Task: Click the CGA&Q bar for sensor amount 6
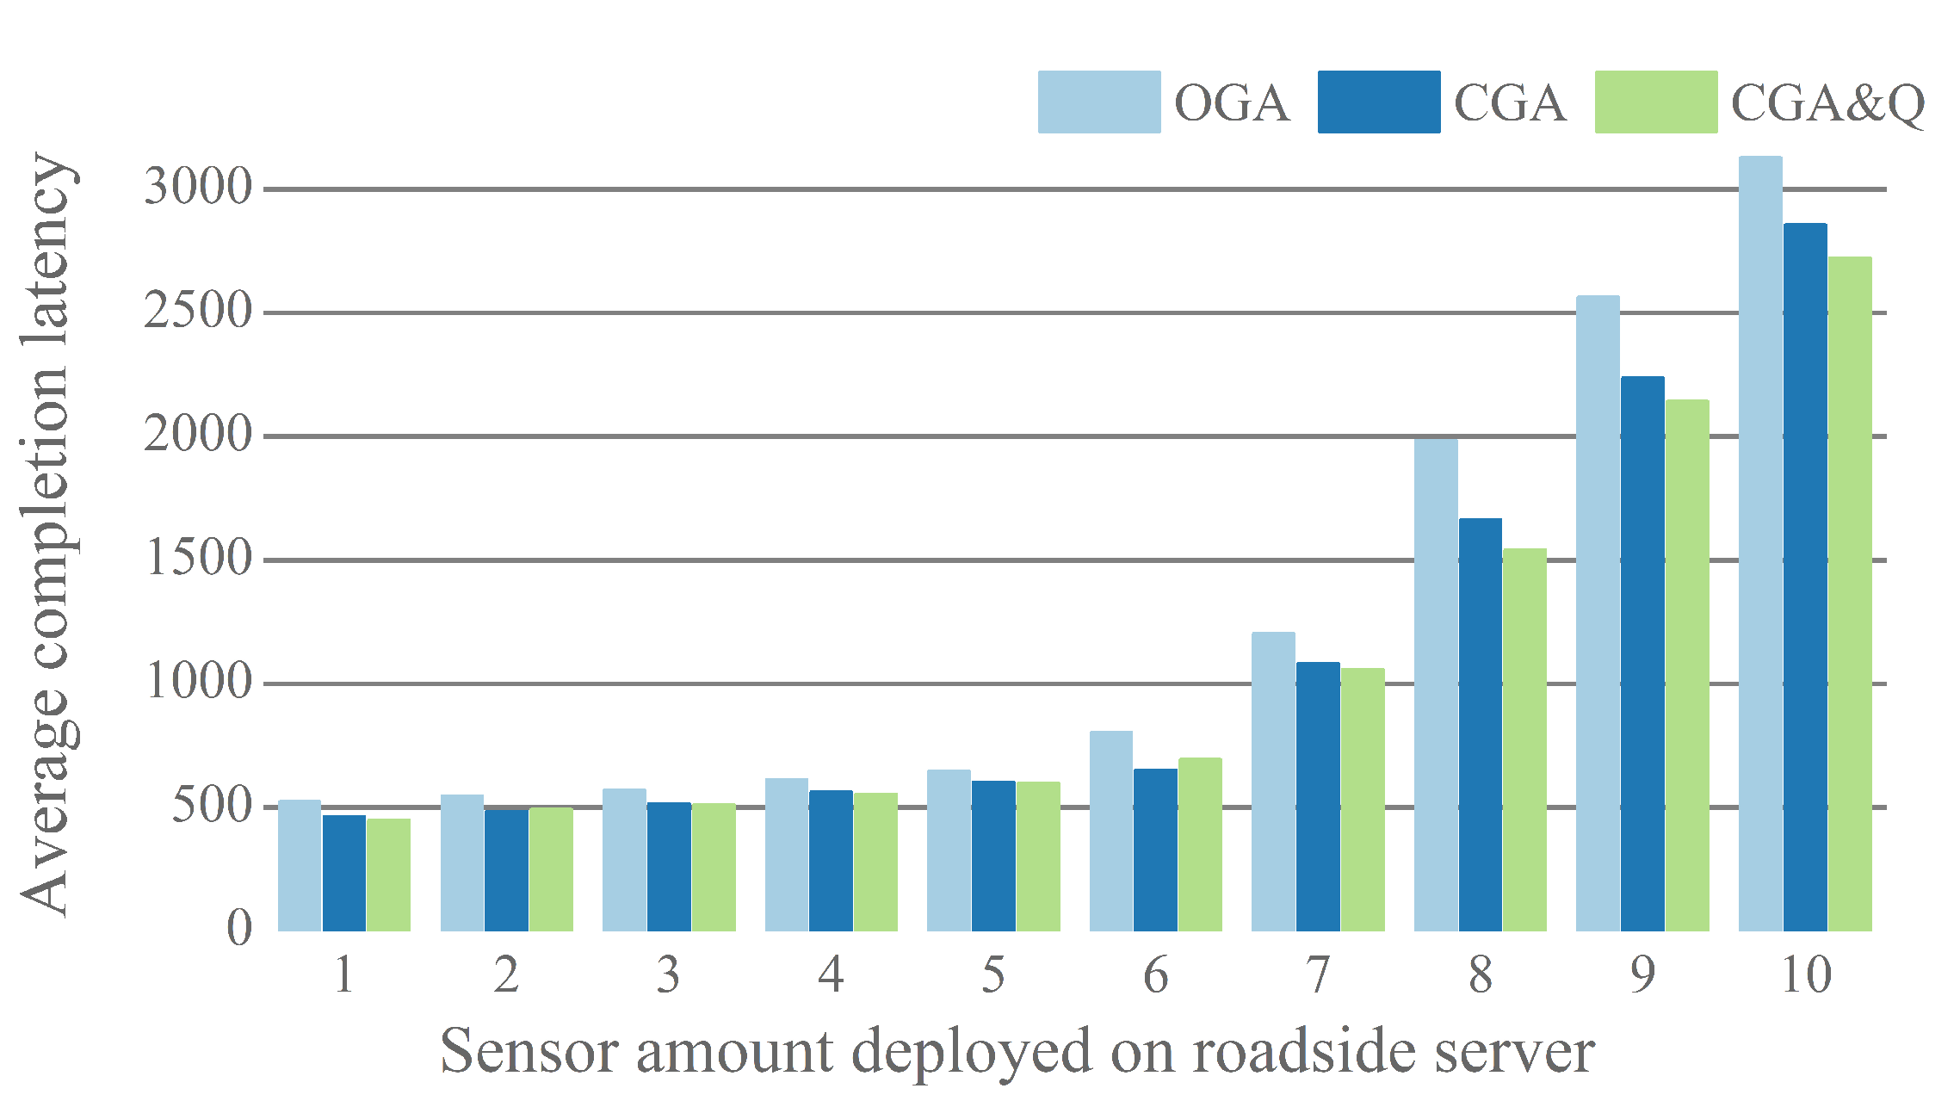(x=1200, y=844)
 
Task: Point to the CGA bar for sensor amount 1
(x=344, y=873)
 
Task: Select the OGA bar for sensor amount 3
(x=624, y=860)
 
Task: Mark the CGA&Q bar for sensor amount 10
(x=1849, y=594)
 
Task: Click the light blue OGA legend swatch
(x=1098, y=102)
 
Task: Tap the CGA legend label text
(x=1510, y=104)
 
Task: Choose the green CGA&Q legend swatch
(x=1655, y=102)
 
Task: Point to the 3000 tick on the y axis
(x=198, y=187)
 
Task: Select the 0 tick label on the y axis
(x=238, y=929)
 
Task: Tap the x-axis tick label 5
(x=992, y=975)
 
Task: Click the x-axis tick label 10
(x=1805, y=975)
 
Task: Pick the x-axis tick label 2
(x=506, y=975)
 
